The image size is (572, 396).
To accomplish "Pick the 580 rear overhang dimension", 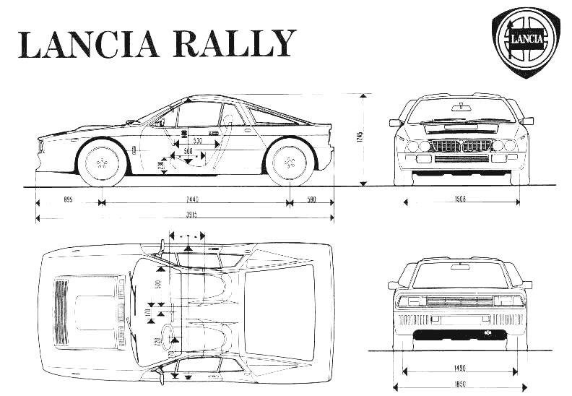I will click(x=311, y=200).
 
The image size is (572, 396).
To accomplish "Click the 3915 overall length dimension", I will click(x=191, y=215).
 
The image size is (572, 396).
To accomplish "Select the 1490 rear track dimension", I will click(x=460, y=366).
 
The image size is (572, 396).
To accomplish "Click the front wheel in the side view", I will click(x=101, y=163).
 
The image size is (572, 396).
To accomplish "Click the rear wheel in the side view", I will click(x=290, y=163).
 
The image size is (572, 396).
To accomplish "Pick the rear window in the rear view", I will click(x=460, y=276).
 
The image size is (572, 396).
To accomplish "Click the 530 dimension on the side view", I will click(x=196, y=139).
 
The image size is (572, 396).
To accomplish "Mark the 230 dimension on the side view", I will click(x=162, y=166).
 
